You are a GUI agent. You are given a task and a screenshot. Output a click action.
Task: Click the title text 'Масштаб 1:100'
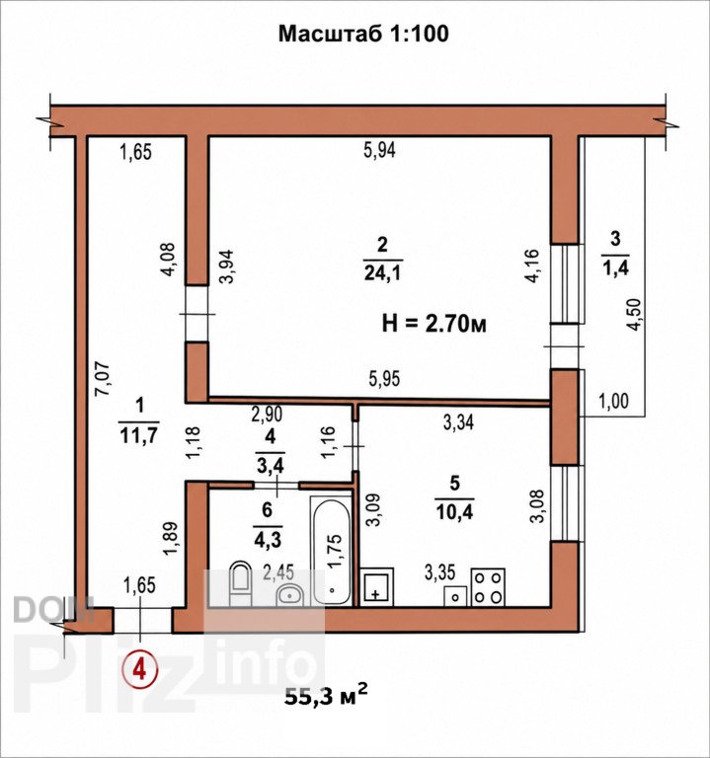[363, 34]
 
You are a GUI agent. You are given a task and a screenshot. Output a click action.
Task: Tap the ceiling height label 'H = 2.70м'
[434, 324]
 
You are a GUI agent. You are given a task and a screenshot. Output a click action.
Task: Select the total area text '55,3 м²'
[326, 696]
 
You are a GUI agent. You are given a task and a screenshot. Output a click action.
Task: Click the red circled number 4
[140, 670]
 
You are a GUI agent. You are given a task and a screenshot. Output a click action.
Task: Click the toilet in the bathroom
[240, 583]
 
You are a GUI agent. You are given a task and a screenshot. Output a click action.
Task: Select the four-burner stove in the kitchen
[488, 587]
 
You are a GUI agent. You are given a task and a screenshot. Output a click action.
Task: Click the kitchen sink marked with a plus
[377, 586]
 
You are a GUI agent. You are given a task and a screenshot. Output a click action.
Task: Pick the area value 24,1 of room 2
[382, 273]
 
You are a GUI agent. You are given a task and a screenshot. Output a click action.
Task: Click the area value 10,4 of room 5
[454, 511]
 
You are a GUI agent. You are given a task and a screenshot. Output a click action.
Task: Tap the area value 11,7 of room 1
[138, 435]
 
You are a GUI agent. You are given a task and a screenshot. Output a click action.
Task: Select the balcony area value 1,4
[615, 267]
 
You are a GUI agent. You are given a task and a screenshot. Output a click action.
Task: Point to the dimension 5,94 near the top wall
[379, 150]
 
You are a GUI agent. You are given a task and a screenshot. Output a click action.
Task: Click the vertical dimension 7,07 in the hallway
[103, 379]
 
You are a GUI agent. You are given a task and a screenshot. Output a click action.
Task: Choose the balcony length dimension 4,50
[634, 315]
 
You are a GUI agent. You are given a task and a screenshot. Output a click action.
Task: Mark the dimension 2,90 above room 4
[267, 415]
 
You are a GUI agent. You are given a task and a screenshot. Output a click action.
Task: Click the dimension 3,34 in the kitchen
[458, 422]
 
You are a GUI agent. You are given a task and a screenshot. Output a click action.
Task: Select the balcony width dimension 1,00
[614, 401]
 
